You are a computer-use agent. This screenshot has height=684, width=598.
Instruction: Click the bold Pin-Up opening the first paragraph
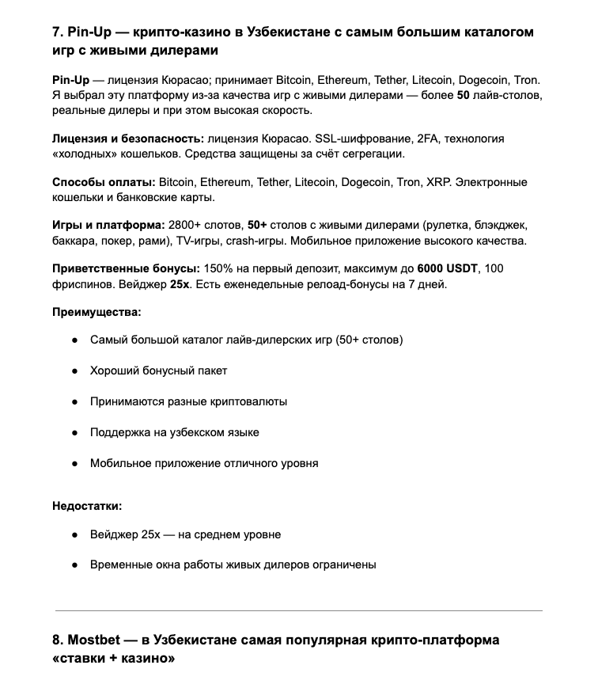point(69,80)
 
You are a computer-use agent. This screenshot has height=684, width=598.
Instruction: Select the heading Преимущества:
point(97,312)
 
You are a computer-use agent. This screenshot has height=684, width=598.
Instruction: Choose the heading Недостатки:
point(87,506)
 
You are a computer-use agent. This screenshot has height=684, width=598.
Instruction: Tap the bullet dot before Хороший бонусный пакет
point(74,370)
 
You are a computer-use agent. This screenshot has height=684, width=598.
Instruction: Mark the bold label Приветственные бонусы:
point(127,268)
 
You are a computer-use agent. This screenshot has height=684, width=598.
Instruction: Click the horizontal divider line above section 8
point(298,610)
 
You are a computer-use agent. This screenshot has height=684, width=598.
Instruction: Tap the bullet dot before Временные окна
point(74,565)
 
